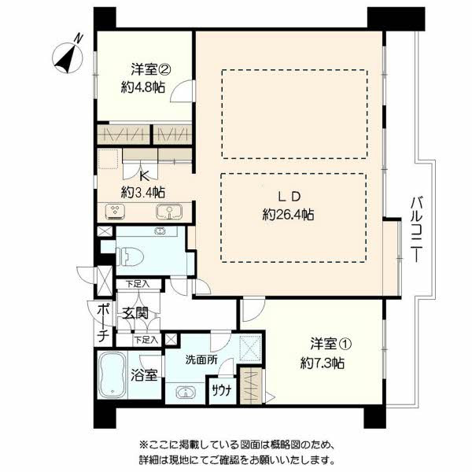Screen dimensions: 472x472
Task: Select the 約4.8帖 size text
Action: pyautogui.click(x=143, y=87)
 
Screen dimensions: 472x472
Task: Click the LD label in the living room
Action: pyautogui.click(x=289, y=197)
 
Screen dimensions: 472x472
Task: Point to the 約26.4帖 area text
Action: pyautogui.click(x=288, y=215)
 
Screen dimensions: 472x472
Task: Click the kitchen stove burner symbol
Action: pyautogui.click(x=115, y=211)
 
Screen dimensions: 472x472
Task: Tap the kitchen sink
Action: pyautogui.click(x=169, y=212)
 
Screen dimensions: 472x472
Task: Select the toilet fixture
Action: pyautogui.click(x=130, y=256)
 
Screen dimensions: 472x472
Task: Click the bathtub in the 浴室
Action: pyautogui.click(x=112, y=375)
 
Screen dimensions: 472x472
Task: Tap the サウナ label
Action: pyautogui.click(x=222, y=390)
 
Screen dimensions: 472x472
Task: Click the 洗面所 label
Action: pyautogui.click(x=201, y=360)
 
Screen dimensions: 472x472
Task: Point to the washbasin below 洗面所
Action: pyautogui.click(x=186, y=393)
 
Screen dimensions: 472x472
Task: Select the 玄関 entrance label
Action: pyautogui.click(x=135, y=313)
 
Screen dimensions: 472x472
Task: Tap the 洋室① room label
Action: pyautogui.click(x=331, y=344)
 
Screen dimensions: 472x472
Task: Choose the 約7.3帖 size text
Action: pyautogui.click(x=323, y=363)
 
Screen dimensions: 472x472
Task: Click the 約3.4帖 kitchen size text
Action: pyautogui.click(x=143, y=192)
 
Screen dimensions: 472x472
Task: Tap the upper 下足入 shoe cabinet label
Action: pyautogui.click(x=138, y=284)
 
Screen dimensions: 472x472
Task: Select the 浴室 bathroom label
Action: pyautogui.click(x=144, y=375)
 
